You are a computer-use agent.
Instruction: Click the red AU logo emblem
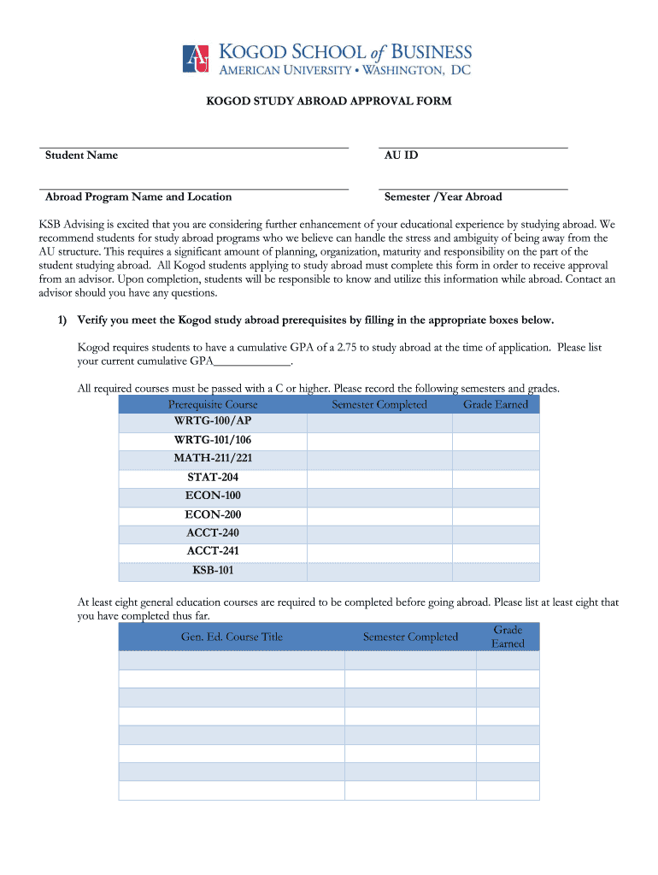click(197, 59)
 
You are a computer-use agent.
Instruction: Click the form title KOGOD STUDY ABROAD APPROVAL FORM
click(328, 101)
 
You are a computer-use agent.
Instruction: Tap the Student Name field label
click(81, 156)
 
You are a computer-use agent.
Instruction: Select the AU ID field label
click(401, 156)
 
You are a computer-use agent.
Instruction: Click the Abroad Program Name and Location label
click(138, 197)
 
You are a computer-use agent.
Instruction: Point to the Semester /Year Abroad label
click(443, 197)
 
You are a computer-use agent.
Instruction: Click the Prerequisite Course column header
click(213, 404)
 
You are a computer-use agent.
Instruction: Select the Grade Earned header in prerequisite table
click(496, 404)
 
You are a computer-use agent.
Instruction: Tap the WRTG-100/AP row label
click(213, 421)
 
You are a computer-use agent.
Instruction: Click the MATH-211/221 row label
click(213, 459)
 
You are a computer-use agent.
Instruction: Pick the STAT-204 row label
click(213, 478)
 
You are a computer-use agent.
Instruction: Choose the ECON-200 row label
click(213, 514)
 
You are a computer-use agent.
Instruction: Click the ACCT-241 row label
click(213, 551)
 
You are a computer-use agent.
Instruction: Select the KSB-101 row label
click(213, 571)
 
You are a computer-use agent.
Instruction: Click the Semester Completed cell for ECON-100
click(379, 496)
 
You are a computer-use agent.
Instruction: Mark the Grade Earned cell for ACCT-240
click(496, 533)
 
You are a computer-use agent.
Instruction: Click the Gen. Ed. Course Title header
click(232, 637)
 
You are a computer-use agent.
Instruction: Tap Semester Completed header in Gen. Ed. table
click(410, 637)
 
